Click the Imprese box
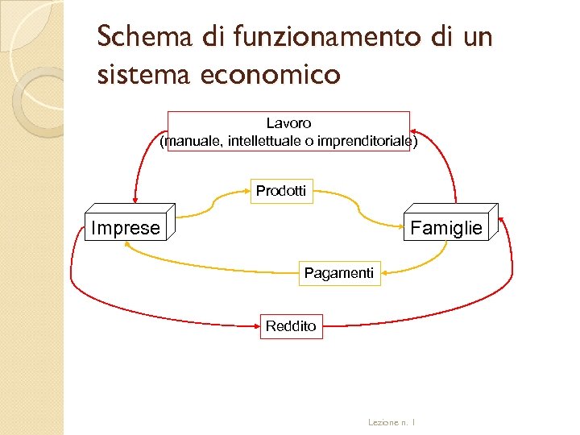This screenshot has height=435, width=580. [x=126, y=228]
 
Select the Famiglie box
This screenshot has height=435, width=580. [x=445, y=228]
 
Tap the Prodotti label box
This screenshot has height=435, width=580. [x=280, y=191]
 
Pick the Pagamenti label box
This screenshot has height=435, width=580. [x=338, y=273]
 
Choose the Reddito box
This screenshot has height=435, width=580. [x=291, y=326]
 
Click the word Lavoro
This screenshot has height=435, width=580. [x=288, y=122]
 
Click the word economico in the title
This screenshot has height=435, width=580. [x=271, y=76]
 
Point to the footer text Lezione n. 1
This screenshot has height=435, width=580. [x=391, y=421]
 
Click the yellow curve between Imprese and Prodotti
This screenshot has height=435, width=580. [x=217, y=204]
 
